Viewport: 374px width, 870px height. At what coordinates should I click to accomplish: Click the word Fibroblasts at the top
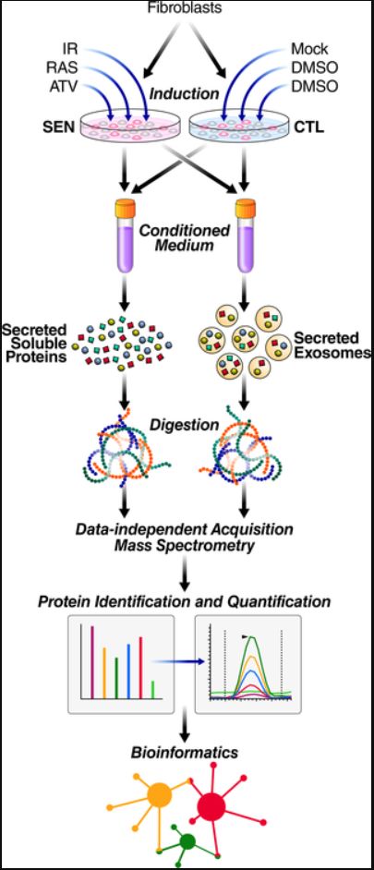click(186, 7)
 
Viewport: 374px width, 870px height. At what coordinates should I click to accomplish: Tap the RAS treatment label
click(62, 68)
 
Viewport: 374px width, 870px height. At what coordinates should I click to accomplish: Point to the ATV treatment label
click(62, 88)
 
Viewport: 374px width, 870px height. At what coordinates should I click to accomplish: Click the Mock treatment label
click(309, 49)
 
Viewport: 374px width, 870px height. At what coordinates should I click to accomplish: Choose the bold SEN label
click(60, 127)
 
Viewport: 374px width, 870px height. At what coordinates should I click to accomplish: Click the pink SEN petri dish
click(130, 126)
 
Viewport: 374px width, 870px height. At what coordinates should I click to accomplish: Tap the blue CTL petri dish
click(239, 126)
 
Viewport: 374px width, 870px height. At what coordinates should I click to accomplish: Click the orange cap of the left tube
click(126, 208)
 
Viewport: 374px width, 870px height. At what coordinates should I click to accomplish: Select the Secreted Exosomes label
click(332, 344)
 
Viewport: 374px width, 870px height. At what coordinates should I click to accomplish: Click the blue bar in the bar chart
click(128, 671)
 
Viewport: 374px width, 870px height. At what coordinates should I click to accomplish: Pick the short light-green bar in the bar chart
click(152, 690)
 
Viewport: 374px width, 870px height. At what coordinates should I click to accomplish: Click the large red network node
click(211, 805)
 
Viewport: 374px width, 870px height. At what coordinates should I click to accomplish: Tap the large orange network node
click(160, 795)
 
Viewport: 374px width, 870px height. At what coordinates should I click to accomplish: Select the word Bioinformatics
click(185, 753)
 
